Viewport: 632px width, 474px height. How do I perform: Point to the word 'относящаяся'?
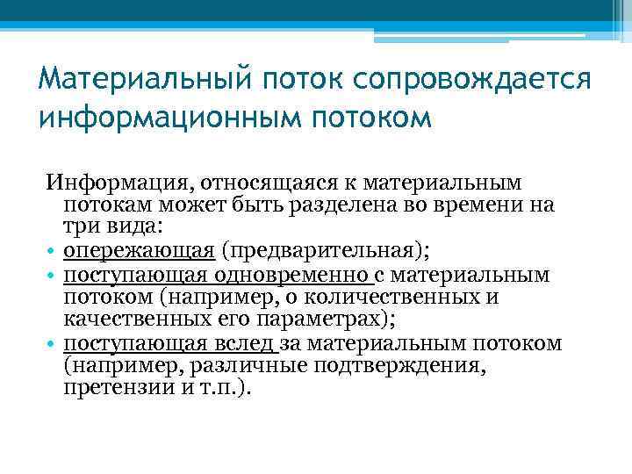click(262, 183)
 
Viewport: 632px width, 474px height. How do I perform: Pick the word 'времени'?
click(492, 206)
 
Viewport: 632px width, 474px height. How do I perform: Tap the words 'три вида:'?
click(105, 228)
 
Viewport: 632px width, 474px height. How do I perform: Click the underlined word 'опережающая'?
click(140, 251)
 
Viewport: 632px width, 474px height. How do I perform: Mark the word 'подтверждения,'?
click(413, 365)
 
